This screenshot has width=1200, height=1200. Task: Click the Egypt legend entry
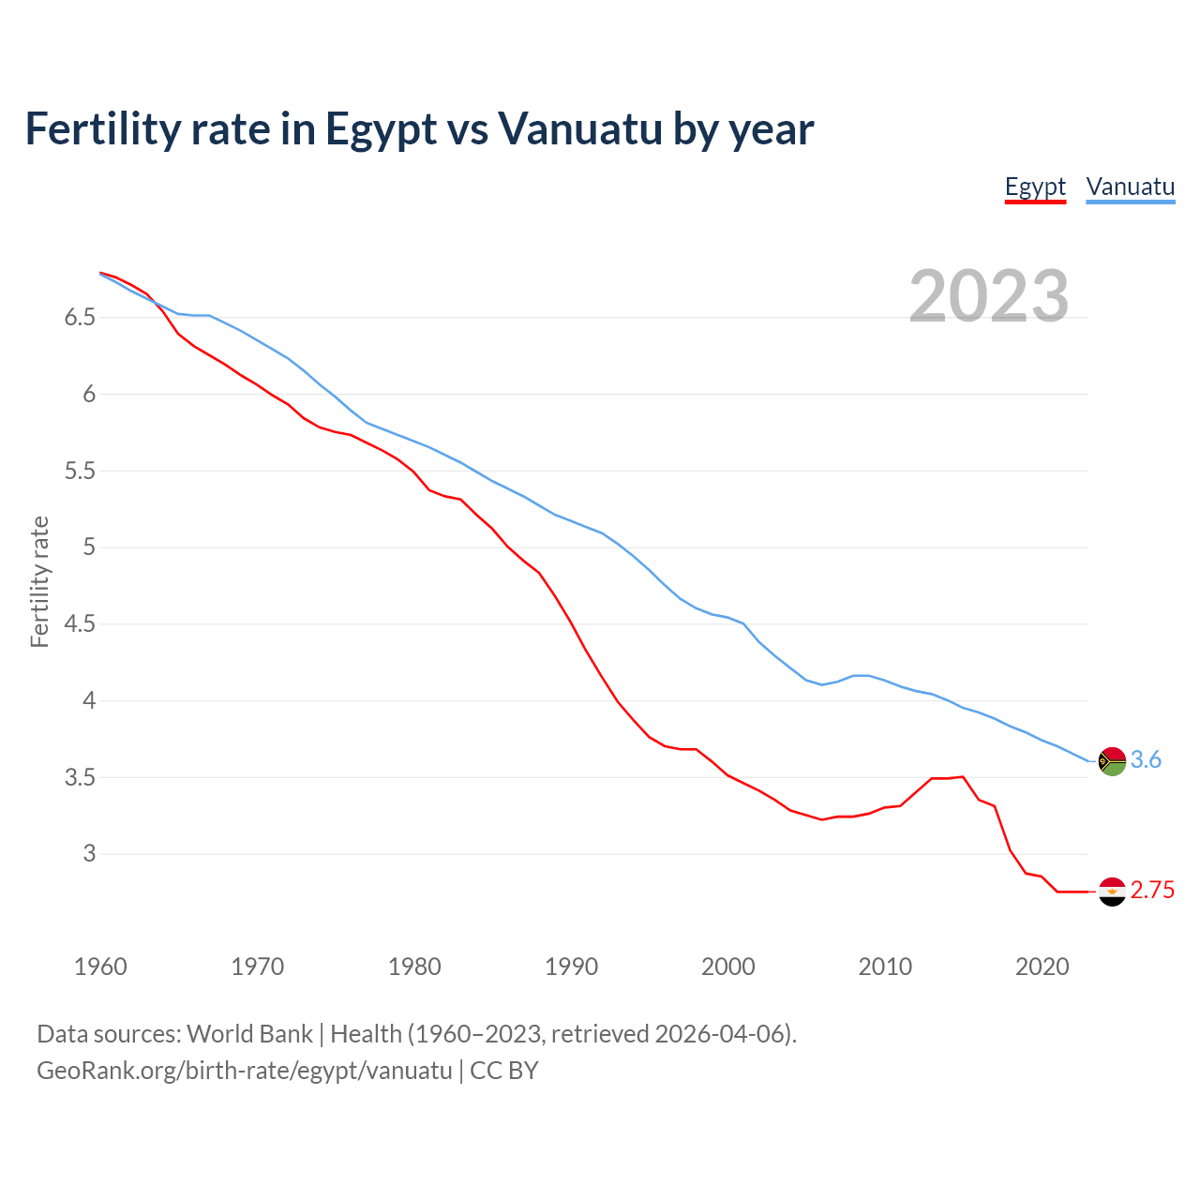[1035, 187]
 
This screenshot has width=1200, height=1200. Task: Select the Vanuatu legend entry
[1130, 187]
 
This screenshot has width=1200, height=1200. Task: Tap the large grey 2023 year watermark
[989, 296]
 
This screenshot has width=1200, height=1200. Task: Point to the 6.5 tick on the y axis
[80, 318]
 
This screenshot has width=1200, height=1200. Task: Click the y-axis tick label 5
[89, 547]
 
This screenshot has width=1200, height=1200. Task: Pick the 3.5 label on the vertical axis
[80, 777]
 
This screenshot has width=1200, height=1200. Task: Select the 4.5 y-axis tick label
[80, 623]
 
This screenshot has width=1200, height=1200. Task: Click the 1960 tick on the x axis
[100, 967]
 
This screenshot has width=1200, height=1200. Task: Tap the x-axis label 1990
[571, 967]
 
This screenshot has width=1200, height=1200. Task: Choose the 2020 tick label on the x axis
[1042, 967]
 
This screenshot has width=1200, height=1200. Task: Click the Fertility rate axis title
[39, 581]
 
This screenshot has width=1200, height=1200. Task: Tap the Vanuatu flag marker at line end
[1112, 761]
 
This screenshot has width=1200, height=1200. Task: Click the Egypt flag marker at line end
[1112, 892]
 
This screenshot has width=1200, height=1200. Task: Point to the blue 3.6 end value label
[1146, 760]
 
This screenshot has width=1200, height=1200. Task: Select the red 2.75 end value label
[1152, 891]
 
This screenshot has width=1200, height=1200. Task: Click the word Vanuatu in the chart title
[579, 128]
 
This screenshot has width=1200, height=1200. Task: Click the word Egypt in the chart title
[381, 128]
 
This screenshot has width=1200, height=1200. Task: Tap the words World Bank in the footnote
[249, 1034]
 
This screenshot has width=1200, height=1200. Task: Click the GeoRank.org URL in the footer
[244, 1071]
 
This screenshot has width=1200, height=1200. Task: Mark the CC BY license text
[504, 1071]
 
